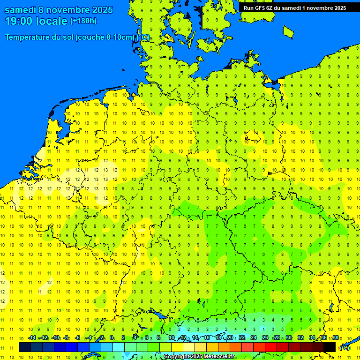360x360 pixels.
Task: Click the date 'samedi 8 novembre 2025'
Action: [x=59, y=10]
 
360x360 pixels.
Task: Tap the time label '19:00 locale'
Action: [x=36, y=21]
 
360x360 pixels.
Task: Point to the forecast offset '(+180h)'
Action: [x=83, y=21]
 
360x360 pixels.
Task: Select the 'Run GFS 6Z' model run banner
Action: [x=259, y=7]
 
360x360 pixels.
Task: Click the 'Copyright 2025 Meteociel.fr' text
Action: [x=200, y=357]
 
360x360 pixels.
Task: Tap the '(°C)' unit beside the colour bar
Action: [x=344, y=348]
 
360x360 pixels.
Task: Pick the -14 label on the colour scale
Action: [x=32, y=338]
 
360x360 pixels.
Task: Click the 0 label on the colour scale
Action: [x=112, y=338]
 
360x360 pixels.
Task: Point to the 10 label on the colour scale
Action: [x=172, y=338]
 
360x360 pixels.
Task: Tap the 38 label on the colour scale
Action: [x=336, y=338]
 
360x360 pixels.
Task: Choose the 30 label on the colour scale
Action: [x=289, y=338]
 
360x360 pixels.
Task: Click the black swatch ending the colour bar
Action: [x=330, y=347]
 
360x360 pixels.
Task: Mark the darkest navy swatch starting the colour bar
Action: [x=24, y=347]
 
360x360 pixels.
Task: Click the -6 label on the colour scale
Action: [x=78, y=338]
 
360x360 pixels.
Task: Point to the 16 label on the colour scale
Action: [x=207, y=338]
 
